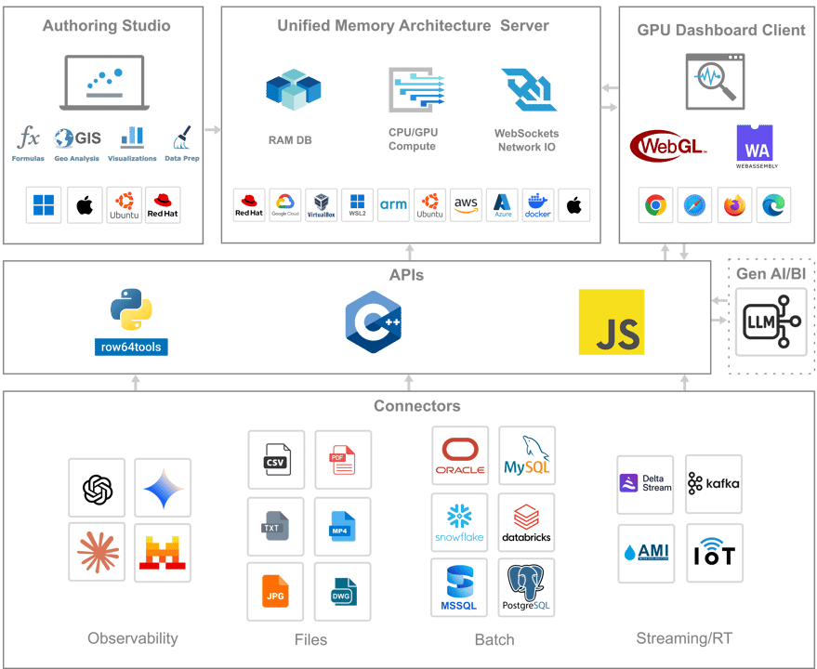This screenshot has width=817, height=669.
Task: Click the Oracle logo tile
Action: (x=460, y=456)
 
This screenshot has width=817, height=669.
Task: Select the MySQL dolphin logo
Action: (x=527, y=456)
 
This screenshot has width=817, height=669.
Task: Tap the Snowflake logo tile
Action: (x=460, y=523)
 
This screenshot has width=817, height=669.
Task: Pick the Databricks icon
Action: (x=527, y=523)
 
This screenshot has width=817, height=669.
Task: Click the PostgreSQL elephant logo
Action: (x=527, y=588)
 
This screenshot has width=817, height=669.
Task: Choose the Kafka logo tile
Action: (x=714, y=484)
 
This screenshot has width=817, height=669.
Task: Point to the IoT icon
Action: (x=715, y=554)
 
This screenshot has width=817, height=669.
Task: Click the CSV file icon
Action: (x=275, y=460)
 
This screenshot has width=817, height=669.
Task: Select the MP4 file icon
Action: (x=342, y=527)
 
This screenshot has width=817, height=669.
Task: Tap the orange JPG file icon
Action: (x=275, y=592)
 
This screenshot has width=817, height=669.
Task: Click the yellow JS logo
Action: (x=611, y=322)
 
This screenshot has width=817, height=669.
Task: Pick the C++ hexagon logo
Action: (x=373, y=321)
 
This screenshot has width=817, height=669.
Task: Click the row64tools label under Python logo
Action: (x=131, y=348)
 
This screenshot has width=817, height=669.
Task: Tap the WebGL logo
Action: (x=668, y=146)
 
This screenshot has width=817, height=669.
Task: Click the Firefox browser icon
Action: (x=735, y=205)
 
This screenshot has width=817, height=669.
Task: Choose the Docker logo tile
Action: (x=537, y=205)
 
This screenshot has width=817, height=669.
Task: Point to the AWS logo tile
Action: (x=466, y=205)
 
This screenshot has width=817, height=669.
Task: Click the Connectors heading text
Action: (x=416, y=406)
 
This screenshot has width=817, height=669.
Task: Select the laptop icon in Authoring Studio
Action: (x=104, y=85)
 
